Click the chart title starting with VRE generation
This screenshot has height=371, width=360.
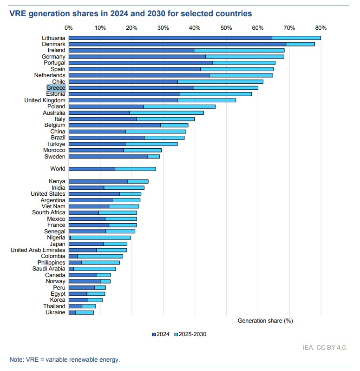[131, 14]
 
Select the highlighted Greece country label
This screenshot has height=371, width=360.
[56, 87]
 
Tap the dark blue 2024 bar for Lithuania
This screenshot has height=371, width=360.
[170, 38]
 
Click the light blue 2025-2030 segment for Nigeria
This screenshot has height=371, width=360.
[100, 238]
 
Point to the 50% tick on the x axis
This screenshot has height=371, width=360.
[226, 27]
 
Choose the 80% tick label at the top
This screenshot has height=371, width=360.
[321, 27]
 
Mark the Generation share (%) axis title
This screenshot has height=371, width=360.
[265, 321]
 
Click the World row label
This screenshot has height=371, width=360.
[58, 169]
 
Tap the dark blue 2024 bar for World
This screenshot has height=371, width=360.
[92, 169]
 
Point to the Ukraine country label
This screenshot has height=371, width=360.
[55, 312]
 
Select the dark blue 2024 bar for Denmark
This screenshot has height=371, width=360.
[177, 44]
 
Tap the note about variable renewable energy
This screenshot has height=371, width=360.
[65, 359]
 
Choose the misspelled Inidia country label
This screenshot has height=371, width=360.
[58, 187]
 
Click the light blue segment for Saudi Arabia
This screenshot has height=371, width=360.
[94, 269]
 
